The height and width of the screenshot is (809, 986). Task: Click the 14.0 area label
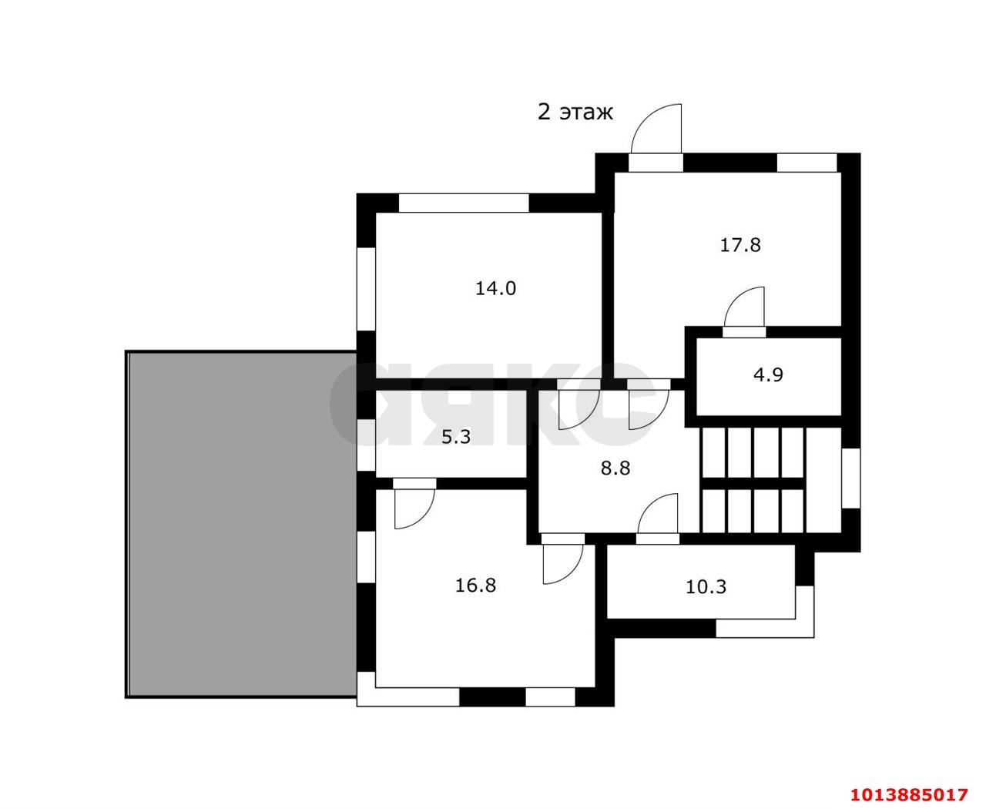495,288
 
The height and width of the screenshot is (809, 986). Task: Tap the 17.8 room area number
740,245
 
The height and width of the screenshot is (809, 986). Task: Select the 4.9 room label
768,375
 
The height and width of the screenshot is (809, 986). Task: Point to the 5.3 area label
456,437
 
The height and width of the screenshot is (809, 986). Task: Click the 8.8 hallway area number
615,468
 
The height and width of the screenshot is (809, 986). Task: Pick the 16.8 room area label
475,586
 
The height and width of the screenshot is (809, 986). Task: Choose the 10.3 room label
706,587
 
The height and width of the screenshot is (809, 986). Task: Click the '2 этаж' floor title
575,112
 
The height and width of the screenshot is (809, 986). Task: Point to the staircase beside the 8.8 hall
771,480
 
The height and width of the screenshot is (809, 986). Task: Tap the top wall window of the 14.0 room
464,203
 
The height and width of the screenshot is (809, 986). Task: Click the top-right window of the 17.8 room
807,163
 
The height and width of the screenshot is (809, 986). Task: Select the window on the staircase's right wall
851,478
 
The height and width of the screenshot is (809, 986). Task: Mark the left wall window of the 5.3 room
366,445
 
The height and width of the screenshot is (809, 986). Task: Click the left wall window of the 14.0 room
366,289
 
